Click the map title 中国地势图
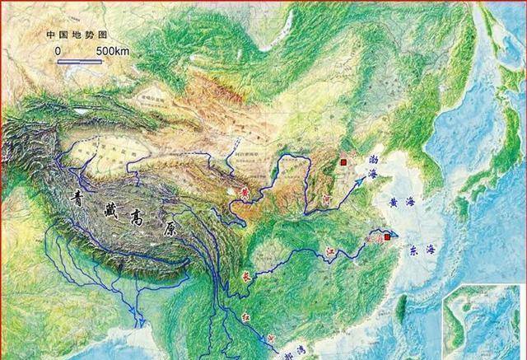(79, 35)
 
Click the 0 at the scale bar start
(58, 51)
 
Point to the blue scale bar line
(80, 61)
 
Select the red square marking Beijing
(343, 164)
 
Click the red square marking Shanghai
(387, 237)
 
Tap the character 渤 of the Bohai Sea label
(373, 156)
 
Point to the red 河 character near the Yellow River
(326, 199)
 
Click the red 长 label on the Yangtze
(245, 278)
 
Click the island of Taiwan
(400, 308)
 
